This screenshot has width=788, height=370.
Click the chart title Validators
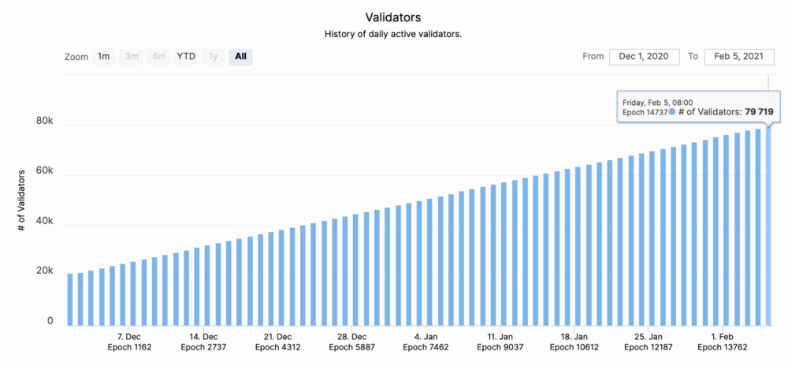coord(393,17)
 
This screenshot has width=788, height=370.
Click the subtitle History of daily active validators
coord(393,35)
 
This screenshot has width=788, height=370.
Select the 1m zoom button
coord(103,57)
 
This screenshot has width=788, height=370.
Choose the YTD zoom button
coord(186,57)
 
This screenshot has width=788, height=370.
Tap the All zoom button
coord(240,57)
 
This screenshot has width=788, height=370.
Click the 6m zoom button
coord(159,57)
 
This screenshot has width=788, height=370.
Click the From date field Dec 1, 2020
coord(644,57)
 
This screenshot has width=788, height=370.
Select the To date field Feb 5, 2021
coord(739,57)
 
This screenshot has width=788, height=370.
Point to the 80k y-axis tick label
coord(43,122)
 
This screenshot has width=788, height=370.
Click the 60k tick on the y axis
coord(43,172)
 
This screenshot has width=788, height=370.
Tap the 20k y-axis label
coord(43,271)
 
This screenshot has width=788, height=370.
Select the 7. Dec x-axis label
coord(128,335)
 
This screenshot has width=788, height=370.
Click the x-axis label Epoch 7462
coord(426,346)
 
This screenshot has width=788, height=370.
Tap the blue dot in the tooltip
coord(672,113)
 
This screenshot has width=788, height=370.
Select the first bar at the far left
coord(70,299)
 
